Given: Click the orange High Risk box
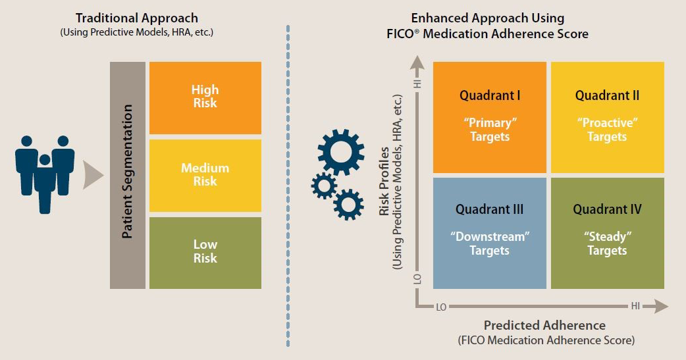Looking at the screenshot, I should pos(205,97).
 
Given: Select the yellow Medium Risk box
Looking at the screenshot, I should pos(205,175).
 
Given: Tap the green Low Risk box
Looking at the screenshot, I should pos(205,252).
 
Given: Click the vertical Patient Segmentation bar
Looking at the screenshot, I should pos(128,175).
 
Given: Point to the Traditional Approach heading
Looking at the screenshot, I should pos(136,18).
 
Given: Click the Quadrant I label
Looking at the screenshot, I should pos(490,95).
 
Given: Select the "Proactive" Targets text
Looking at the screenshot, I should pos(607,130).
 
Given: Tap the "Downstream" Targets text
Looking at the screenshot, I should pos(490,244).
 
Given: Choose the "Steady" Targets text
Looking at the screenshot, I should pos(607,244).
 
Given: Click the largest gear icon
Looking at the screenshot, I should pos(340,152).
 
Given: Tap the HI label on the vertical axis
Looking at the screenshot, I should pos(417,84).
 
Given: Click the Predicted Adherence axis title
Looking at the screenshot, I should pos(544,325).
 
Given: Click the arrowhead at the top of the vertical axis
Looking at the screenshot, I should pos(416,63).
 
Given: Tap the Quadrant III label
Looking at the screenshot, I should pos(490,210).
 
